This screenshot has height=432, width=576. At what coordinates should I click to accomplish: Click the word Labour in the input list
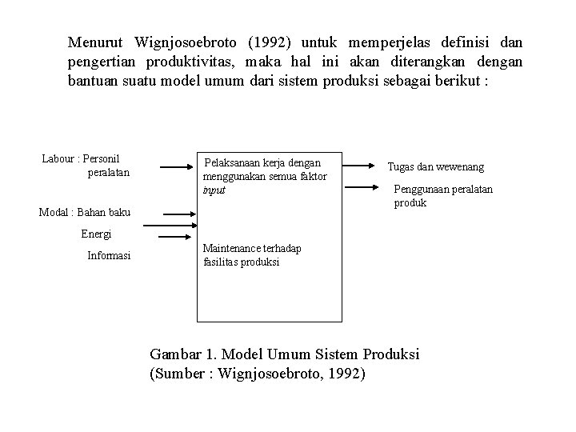tap(57, 158)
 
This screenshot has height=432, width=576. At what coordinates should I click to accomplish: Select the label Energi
tap(96, 234)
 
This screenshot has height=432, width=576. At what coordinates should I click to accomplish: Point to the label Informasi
tap(109, 256)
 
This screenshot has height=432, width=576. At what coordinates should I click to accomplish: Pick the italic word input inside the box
tap(214, 190)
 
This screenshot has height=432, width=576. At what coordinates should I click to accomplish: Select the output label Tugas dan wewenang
tap(435, 167)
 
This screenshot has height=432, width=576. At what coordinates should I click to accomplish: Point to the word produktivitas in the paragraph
tap(194, 61)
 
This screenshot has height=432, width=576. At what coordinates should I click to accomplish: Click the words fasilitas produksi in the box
tap(242, 262)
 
